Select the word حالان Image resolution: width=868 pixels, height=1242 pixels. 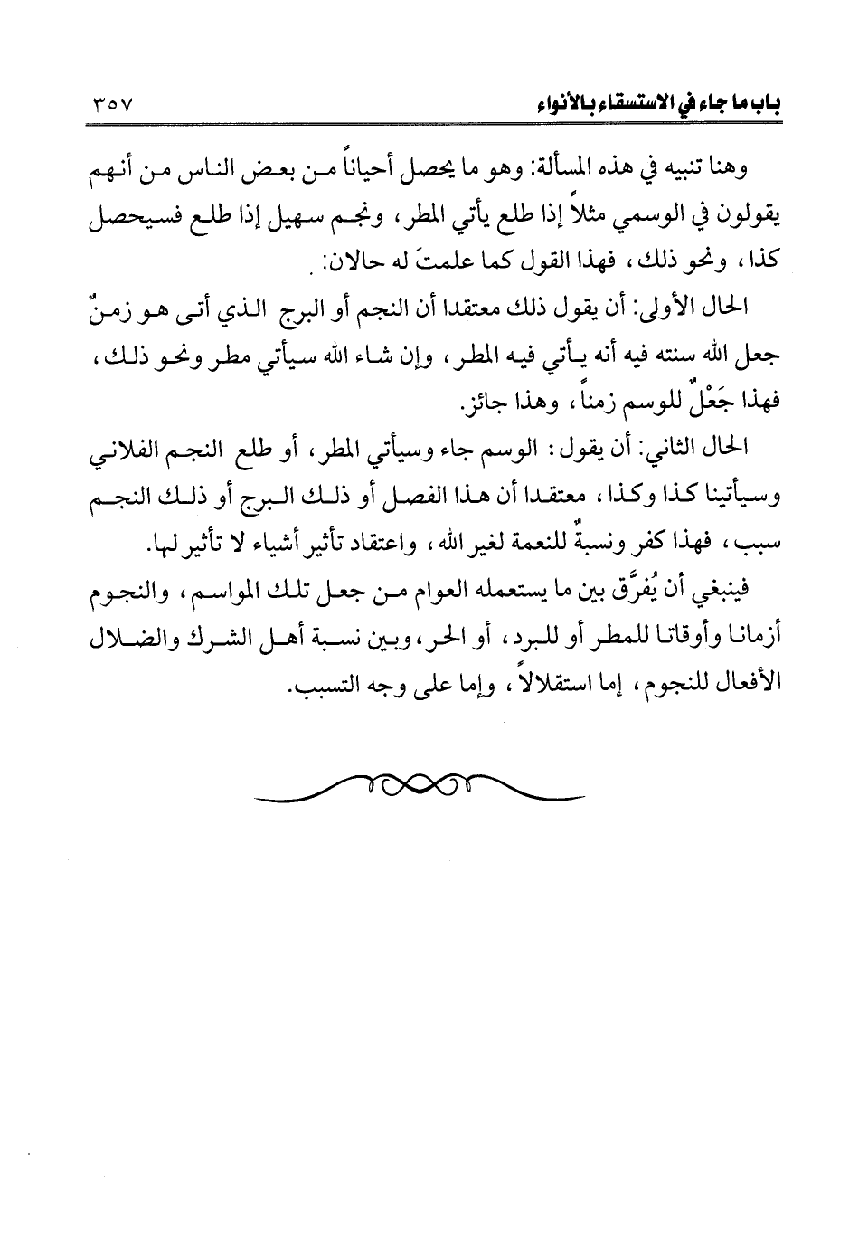(339, 263)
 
